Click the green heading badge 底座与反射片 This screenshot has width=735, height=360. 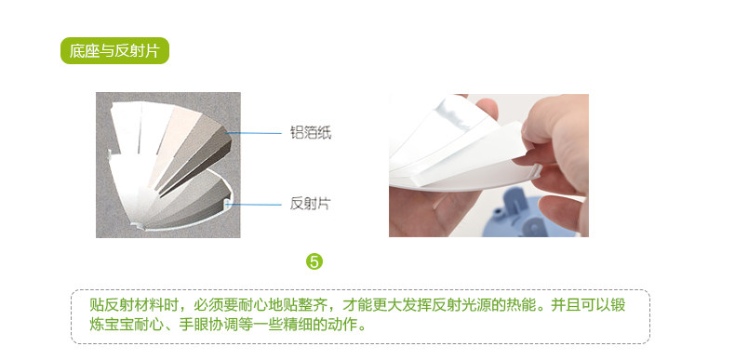[114, 50]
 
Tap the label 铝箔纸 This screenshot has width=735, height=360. [311, 133]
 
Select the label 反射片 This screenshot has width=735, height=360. [311, 204]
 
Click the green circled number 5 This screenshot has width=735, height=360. [314, 261]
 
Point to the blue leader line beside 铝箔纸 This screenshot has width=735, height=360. [254, 133]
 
